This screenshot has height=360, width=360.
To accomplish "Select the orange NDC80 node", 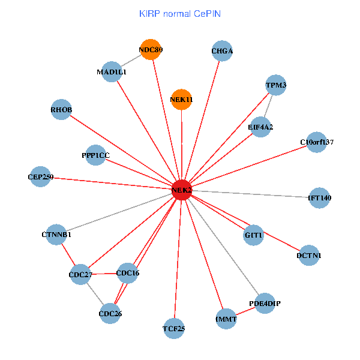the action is point(151,50).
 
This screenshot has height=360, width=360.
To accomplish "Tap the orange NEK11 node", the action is point(181,99).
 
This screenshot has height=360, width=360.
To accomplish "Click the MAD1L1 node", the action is point(112,72).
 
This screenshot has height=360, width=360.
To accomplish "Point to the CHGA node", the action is point(222,52).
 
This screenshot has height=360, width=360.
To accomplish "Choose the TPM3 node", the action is point(276,86).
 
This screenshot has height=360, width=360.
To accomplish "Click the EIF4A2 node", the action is point(260,127).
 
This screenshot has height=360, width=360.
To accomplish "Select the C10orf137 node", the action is point(316,142).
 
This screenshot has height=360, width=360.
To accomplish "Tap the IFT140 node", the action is point(319,197).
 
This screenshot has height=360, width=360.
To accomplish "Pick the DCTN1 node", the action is point(308,256).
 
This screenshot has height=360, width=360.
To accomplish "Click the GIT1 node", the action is point(254,235).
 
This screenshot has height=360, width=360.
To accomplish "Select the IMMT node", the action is point(226,319).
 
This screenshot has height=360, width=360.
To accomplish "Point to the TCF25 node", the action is point(173,328).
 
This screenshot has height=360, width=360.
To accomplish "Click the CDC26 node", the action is point(110,313).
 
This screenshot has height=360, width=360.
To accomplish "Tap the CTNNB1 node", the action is point(57,235).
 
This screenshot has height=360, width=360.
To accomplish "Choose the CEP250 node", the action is point(40,177).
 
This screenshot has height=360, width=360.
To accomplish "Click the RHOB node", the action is point(61,110).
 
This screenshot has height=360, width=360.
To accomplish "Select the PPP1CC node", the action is point(96,155).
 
